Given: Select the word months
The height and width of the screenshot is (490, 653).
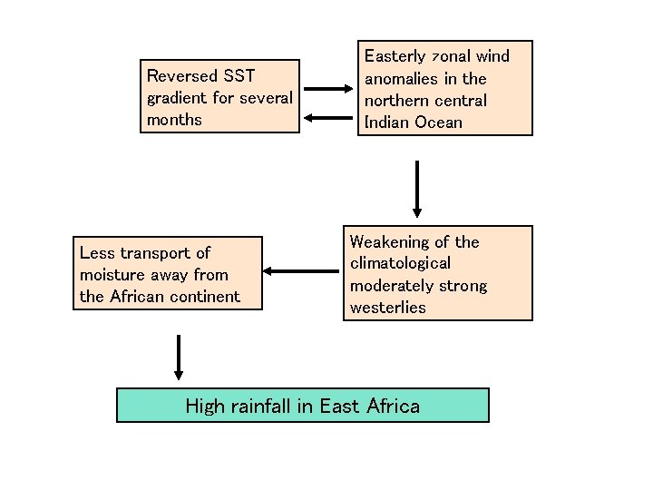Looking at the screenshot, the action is click(x=174, y=120).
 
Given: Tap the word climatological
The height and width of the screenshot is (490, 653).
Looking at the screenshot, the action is click(x=400, y=264).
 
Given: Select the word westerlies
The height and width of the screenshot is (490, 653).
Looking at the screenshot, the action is click(x=387, y=308).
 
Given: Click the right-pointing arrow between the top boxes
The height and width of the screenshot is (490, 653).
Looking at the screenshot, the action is click(x=329, y=89).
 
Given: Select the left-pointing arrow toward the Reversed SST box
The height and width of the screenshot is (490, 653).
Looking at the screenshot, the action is click(x=329, y=116).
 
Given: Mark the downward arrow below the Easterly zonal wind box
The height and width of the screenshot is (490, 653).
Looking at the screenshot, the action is click(x=417, y=189).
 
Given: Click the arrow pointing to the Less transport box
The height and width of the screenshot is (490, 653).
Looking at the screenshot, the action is click(x=300, y=270).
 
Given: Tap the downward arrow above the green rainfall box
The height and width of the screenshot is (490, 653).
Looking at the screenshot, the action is click(x=178, y=357).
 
